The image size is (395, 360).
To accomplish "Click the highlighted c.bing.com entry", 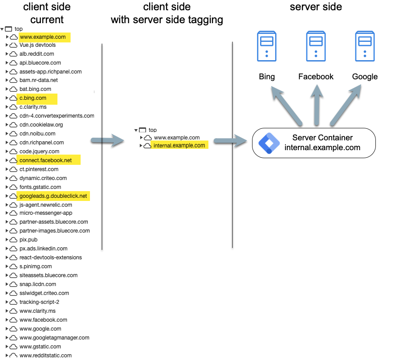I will coord(33,98).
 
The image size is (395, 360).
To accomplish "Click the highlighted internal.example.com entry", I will coord(179,146).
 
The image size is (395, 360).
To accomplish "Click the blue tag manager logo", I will coord(269,143).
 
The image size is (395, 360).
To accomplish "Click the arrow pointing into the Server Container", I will coord(230,141).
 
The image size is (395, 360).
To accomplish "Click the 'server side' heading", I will coord(316,7).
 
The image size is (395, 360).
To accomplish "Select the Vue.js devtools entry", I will coord(37,45).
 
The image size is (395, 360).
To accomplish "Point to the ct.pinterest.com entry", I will coord(39,169).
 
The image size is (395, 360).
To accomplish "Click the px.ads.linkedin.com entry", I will coord(43,249).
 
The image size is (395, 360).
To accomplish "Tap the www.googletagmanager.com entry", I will coord(54,338).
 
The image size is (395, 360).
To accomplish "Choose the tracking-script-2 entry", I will coord(39,302).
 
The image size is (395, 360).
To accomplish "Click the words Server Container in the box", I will coord(322,138).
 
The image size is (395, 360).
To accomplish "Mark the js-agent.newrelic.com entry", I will coord(45,205).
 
